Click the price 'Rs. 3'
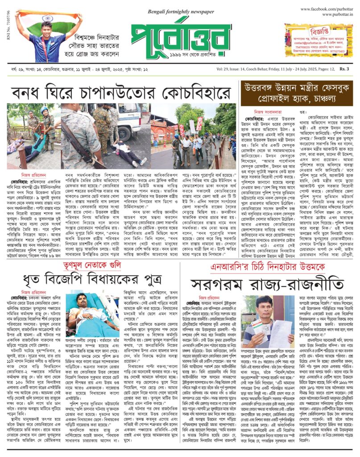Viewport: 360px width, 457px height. [x=344, y=69]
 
